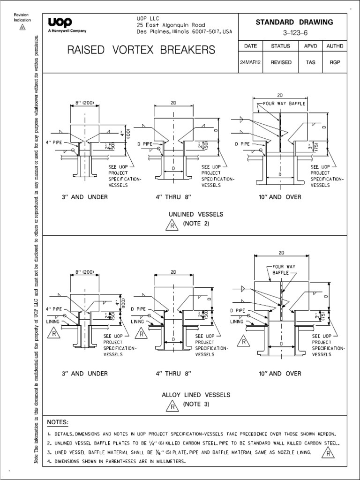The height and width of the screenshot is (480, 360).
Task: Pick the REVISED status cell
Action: (281, 62)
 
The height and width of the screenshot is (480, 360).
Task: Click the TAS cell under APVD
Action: (310, 62)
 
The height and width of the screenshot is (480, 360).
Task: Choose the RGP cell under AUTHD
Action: (335, 62)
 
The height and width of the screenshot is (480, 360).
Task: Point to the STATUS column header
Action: (281, 46)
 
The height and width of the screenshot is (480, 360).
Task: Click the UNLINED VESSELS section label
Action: (196, 214)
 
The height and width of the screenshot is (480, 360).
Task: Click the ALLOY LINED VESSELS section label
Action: (196, 395)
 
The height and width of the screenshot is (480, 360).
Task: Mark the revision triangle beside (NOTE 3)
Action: (172, 406)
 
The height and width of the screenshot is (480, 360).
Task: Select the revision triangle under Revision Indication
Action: (21, 27)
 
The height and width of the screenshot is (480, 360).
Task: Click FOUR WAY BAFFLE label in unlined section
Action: (284, 102)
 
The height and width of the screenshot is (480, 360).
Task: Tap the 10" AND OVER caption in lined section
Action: (279, 374)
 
